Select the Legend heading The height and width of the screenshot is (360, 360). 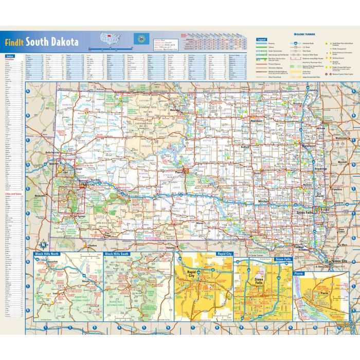[262, 39]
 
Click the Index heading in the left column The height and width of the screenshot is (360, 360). [10, 56]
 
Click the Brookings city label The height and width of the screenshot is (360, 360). [320, 169]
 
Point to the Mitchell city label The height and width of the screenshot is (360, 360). [264, 201]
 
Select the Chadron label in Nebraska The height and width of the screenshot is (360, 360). [93, 245]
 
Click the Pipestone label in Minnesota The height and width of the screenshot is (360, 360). [337, 189]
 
